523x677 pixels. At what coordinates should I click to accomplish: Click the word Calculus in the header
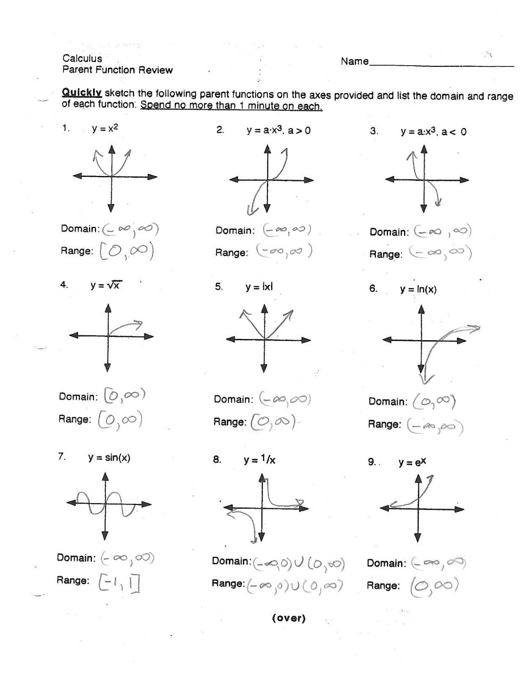pos(82,58)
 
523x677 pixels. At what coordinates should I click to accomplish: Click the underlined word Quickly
pos(82,93)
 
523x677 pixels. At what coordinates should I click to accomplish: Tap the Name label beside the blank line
pos(355,61)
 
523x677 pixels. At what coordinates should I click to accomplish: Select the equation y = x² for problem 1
pos(105,128)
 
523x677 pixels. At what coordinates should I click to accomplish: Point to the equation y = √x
pos(106,286)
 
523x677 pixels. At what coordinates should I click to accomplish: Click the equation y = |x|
pos(259,287)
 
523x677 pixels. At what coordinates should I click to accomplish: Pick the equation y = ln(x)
pos(418,289)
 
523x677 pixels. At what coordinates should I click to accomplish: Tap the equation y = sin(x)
pos(109,457)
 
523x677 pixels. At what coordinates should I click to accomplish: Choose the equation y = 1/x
pos(259,460)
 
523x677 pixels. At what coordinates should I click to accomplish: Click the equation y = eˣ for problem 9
pos(412,462)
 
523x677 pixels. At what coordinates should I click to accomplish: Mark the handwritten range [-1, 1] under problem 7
pos(119,583)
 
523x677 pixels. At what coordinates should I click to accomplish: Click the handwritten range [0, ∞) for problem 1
pos(127,251)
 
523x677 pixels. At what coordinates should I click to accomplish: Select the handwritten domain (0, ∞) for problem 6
pos(434,401)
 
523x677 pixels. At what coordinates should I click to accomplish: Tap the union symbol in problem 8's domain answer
pos(299,563)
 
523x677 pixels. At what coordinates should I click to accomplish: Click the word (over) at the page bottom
pos(289,618)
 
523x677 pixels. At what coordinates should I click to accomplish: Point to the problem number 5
pos(218,287)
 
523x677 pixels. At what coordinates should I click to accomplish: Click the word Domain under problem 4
pos(78,397)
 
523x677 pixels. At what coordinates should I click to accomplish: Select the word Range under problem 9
pos(383,586)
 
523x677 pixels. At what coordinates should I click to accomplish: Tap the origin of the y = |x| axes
pos(264,339)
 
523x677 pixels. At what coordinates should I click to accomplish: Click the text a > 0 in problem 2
pos(299,130)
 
